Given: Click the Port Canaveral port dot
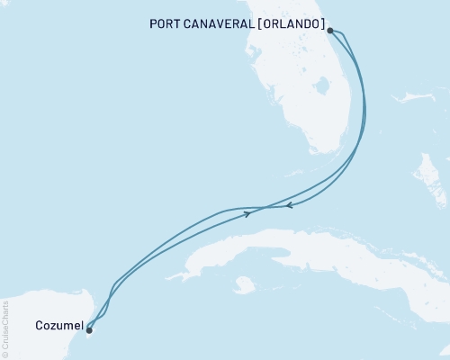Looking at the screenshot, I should [331, 31].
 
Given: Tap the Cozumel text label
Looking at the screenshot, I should [59, 324].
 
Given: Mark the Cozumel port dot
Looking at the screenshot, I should [88, 329].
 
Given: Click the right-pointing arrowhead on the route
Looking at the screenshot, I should [247, 213].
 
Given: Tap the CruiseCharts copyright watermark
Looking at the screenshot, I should [5, 325].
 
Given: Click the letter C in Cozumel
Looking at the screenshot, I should [41, 324].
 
